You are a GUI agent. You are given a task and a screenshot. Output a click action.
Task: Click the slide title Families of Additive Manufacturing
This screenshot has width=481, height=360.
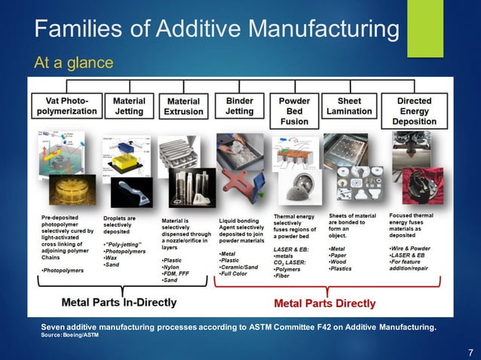point(217,30)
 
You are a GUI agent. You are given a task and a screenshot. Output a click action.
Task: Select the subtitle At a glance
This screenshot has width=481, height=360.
point(74,61)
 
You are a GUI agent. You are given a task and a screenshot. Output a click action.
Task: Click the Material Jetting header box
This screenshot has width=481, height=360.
point(129,105)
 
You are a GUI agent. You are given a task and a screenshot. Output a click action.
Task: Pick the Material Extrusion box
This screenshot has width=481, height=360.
point(183,106)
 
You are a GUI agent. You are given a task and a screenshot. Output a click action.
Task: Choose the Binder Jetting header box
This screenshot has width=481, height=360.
point(239,105)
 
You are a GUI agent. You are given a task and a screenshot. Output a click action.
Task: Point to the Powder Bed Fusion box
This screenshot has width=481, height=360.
point(294,111)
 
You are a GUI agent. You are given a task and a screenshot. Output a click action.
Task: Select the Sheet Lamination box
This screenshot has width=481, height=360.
point(349,105)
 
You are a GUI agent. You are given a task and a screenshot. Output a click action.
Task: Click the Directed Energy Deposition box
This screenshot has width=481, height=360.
point(414,111)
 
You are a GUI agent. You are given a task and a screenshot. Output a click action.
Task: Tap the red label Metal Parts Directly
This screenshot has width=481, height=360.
point(324,304)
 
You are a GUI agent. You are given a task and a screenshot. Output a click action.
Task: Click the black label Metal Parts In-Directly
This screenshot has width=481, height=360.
point(119,303)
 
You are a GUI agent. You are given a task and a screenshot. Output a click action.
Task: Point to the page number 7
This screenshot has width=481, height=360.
point(470,352)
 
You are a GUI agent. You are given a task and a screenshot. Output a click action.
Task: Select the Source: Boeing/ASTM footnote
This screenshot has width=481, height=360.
point(69,334)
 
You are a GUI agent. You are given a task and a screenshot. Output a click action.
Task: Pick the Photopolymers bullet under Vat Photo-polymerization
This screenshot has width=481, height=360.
point(63,269)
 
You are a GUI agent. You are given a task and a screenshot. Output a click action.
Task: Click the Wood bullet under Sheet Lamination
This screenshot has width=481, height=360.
point(340,261)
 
